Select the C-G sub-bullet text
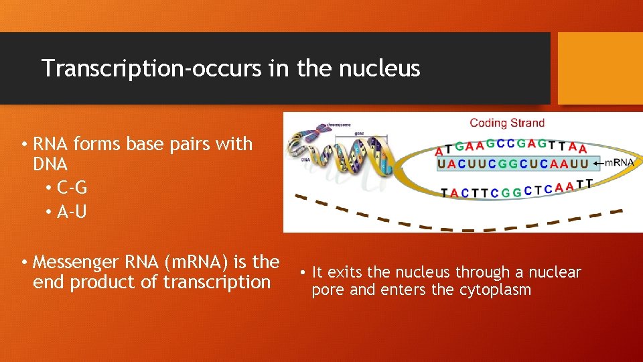click(72, 188)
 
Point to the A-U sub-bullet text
click(72, 212)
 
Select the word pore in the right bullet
click(326, 290)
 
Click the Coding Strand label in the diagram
click(507, 123)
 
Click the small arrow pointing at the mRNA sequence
click(597, 163)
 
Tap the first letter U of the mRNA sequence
click(441, 164)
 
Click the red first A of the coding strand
click(439, 151)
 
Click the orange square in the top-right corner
click(600, 68)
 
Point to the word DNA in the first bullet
click(50, 164)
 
